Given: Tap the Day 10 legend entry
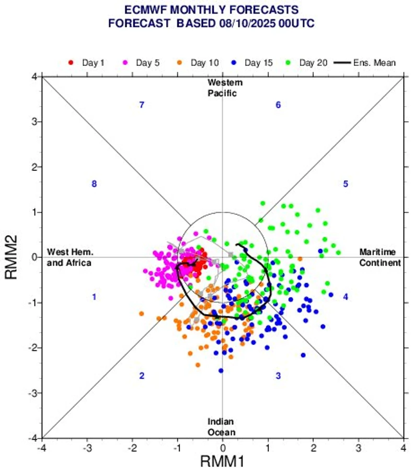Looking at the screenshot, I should coord(198,63).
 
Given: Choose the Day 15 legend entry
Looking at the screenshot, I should coord(253,63).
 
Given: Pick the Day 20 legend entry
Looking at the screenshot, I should coord(307,63).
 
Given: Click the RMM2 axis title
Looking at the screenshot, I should coord(12,257).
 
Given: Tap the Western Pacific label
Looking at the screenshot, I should coord(225,88).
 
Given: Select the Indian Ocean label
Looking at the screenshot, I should coord(222,427).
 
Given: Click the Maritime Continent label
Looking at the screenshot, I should coord(380,257).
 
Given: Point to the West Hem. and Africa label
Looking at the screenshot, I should coord(69,257).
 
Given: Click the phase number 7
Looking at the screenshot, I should coord(141,105).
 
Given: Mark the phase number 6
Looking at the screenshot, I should coord(278,105).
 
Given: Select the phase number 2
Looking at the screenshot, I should coord(141,376).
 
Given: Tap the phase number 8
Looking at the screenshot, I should coord(94,184).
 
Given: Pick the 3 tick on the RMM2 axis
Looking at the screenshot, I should coord(33,122).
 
